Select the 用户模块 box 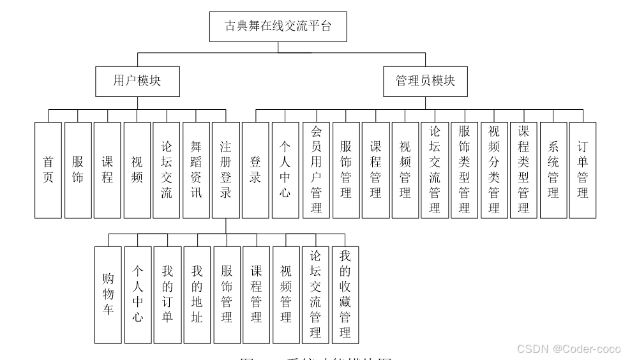coord(137,81)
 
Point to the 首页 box coord(48,170)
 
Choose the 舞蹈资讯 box coord(196,170)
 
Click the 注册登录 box coord(226,170)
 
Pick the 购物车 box coord(108,294)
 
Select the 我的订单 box coord(167,294)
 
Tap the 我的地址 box coord(197,294)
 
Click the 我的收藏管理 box coord(345,294)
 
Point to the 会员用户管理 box coord(316,170)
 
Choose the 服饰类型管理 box coord(464,170)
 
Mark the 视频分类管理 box coord(494,170)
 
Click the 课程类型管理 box coord(523,170)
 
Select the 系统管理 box coord(553,170)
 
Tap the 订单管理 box coord(583,170)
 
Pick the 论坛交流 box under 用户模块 coord(166,170)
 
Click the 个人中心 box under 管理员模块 coord(285,170)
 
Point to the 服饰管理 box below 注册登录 coord(227,294)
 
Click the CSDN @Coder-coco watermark coord(568,349)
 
